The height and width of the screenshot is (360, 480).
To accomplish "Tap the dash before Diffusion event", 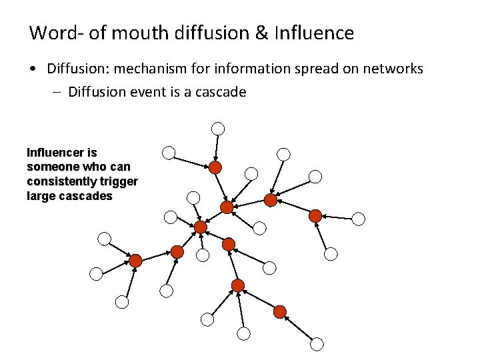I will tap(57, 92).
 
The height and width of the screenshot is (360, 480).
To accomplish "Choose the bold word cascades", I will tap(85, 197).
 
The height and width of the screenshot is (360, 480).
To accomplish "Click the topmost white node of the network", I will tap(218, 128).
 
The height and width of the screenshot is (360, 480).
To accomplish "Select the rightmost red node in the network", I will tap(315, 215).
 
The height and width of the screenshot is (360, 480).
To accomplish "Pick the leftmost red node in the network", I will tap(135, 261).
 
